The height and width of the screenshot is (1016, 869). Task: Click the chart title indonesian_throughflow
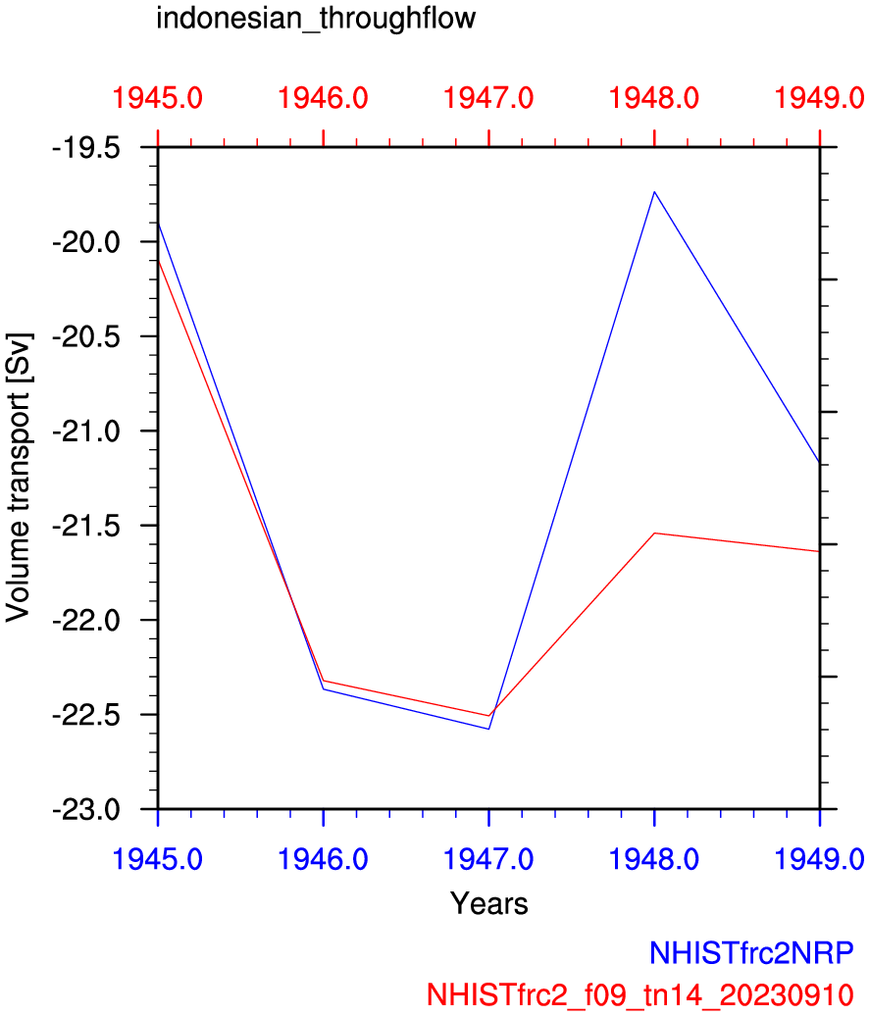click(x=316, y=19)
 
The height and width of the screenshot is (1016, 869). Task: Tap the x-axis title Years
click(x=488, y=903)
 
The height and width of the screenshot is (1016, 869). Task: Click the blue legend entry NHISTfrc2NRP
click(x=750, y=952)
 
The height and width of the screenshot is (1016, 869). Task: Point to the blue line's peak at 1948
click(x=654, y=192)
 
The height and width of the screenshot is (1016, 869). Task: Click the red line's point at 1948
click(x=654, y=533)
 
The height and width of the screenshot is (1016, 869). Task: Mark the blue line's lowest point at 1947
click(x=488, y=729)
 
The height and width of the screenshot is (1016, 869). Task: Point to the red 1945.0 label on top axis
click(x=158, y=98)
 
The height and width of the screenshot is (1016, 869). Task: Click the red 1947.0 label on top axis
click(x=488, y=98)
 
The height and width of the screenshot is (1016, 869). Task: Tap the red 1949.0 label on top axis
click(x=819, y=98)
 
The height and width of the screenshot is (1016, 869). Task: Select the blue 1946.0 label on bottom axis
click(x=324, y=858)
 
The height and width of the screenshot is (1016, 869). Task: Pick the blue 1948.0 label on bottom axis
click(x=654, y=858)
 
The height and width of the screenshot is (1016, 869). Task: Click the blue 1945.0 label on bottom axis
click(x=158, y=858)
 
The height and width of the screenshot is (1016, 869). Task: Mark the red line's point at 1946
click(x=324, y=681)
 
